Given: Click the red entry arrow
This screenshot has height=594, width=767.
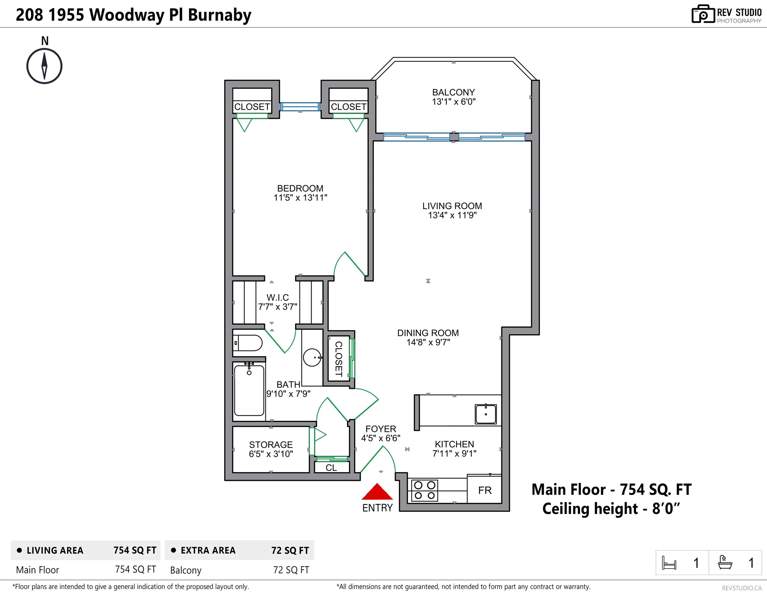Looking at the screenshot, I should pyautogui.click(x=377, y=492).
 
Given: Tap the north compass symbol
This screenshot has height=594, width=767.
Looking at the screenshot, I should pyautogui.click(x=44, y=66).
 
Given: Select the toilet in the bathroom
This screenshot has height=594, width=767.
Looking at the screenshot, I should pyautogui.click(x=248, y=343).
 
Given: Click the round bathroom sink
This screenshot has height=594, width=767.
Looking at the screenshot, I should pyautogui.click(x=312, y=358).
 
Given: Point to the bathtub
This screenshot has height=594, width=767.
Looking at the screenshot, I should pyautogui.click(x=249, y=391).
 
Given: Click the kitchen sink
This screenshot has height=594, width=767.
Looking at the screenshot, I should pyautogui.click(x=486, y=414).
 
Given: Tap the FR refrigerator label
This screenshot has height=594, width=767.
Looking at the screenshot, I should pyautogui.click(x=485, y=490).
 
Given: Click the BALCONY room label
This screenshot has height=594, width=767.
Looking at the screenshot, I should pyautogui.click(x=453, y=92).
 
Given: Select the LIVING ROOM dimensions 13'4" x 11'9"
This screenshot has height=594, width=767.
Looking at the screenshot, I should pyautogui.click(x=452, y=215).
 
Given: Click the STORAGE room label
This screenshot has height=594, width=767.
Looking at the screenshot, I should pyautogui.click(x=271, y=445).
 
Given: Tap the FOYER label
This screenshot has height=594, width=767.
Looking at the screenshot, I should pyautogui.click(x=381, y=429).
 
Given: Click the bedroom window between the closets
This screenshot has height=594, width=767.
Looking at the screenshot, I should pyautogui.click(x=300, y=106).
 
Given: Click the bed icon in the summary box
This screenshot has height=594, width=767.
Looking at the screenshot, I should pyautogui.click(x=669, y=563).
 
